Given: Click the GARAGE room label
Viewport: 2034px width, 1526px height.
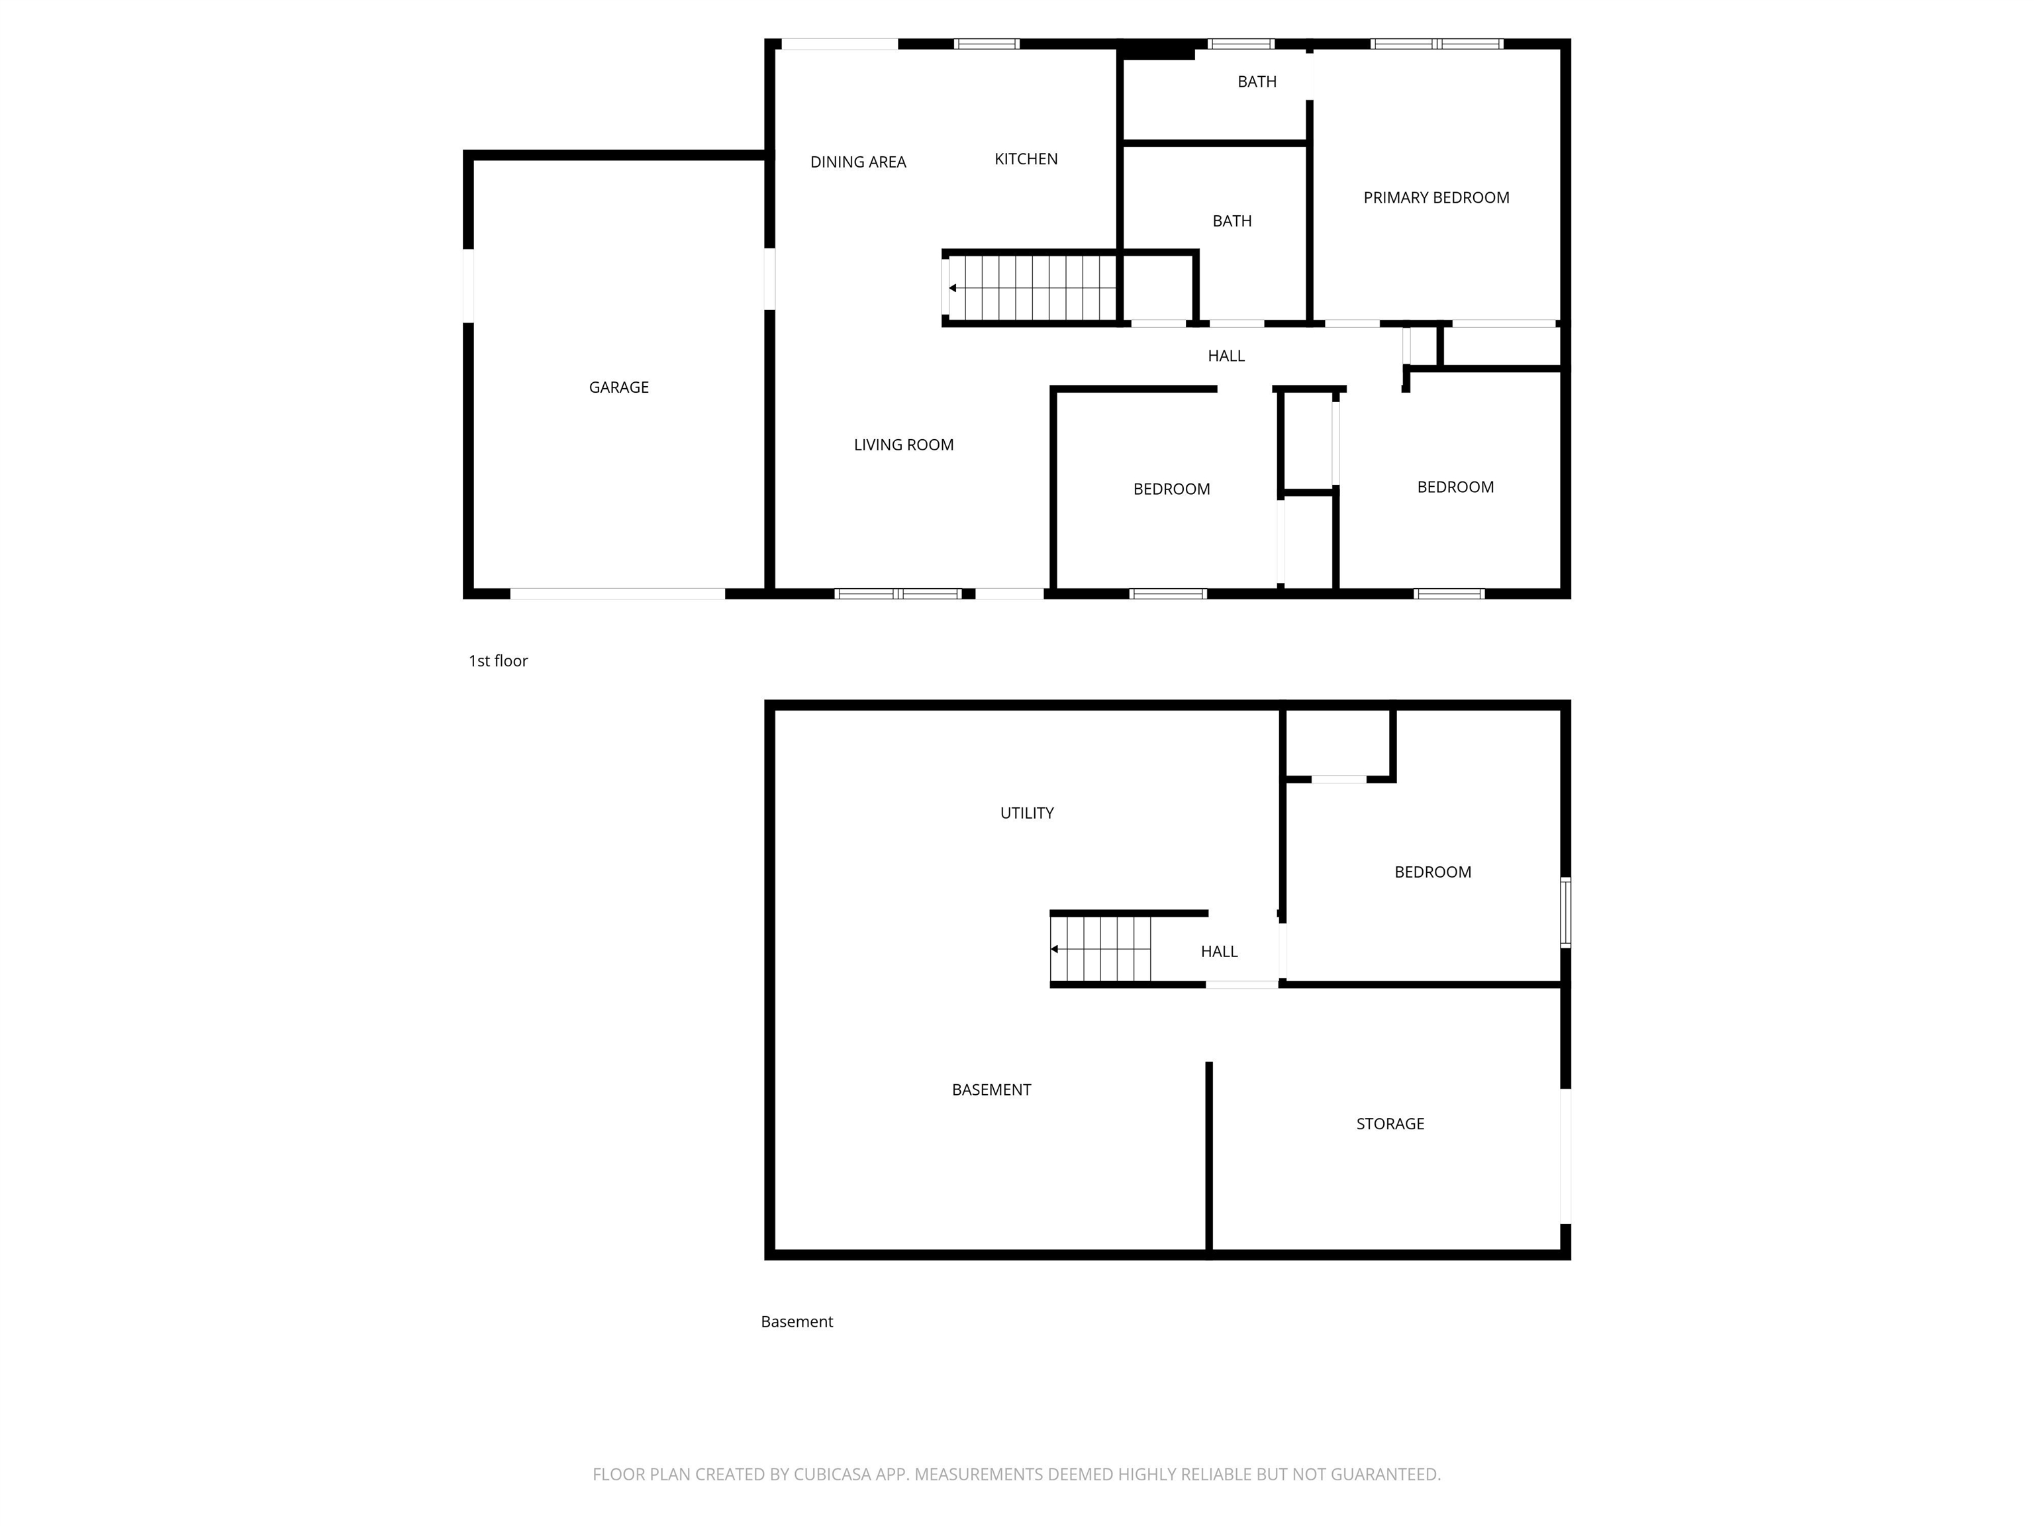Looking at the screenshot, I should pyautogui.click(x=619, y=387).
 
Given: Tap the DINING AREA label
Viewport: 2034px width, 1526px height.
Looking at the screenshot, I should pyautogui.click(x=858, y=162).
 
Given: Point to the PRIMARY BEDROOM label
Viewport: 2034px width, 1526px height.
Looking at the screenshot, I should pyautogui.click(x=1435, y=198).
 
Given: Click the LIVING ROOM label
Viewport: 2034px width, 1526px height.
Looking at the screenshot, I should pyautogui.click(x=903, y=445).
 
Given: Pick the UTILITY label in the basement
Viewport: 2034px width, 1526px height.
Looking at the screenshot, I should pyautogui.click(x=1026, y=813).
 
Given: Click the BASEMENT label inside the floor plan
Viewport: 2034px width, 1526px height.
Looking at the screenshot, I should pyautogui.click(x=991, y=1090).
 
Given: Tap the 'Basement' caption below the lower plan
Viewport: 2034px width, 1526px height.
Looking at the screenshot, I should pyautogui.click(x=797, y=1322).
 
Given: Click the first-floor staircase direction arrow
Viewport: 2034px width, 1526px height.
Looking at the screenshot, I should pyautogui.click(x=953, y=288).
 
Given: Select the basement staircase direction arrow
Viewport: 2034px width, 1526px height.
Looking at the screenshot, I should pyautogui.click(x=1055, y=949).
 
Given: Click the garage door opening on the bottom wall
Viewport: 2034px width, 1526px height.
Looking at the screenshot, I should pyautogui.click(x=617, y=594).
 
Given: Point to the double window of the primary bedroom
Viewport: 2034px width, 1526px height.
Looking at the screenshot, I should pyautogui.click(x=1435, y=43).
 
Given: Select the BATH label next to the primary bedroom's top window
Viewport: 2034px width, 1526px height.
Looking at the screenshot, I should pyautogui.click(x=1256, y=82).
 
